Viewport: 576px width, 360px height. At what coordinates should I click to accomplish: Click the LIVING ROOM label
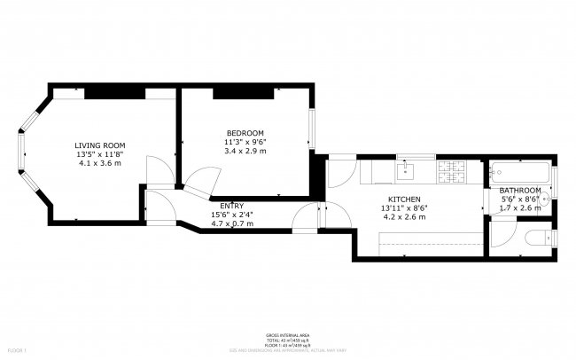coord(99,145)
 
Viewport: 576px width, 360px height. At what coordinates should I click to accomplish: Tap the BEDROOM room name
coord(245,132)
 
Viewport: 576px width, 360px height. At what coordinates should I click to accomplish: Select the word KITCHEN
coord(403,199)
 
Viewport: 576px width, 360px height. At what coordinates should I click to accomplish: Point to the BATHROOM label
coord(520,191)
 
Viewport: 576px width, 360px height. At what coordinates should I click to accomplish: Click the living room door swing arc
coord(155,168)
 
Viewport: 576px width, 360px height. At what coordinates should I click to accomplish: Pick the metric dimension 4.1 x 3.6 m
coord(99,162)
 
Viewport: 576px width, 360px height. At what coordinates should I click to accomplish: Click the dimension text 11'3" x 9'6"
coord(245,141)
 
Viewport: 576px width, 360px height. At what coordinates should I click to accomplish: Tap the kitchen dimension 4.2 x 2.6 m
coord(403,216)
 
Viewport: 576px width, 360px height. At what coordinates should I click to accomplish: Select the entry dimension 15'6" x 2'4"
coord(231,215)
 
